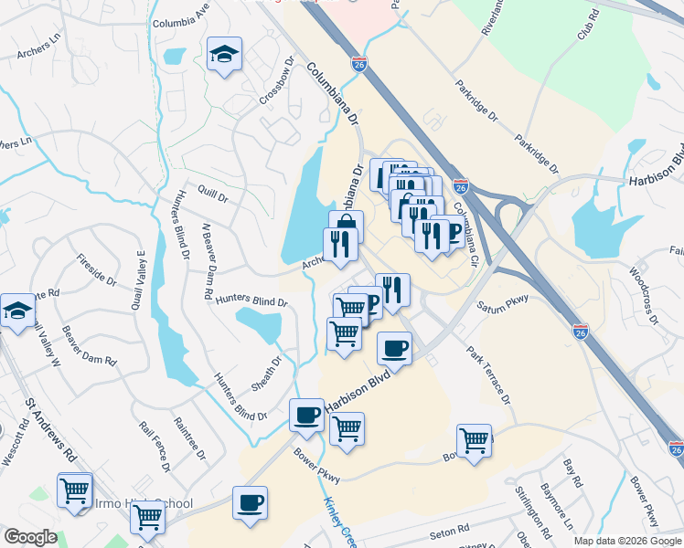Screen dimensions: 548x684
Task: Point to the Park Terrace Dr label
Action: pyautogui.click(x=487, y=374)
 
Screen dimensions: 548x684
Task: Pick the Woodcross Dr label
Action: pyautogui.click(x=644, y=295)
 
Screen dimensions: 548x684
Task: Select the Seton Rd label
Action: pyautogui.click(x=449, y=528)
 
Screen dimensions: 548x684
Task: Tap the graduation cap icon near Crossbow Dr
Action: pyautogui.click(x=223, y=55)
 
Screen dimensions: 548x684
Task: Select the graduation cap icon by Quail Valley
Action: pyautogui.click(x=16, y=311)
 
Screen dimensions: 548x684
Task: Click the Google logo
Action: pyautogui.click(x=30, y=536)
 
